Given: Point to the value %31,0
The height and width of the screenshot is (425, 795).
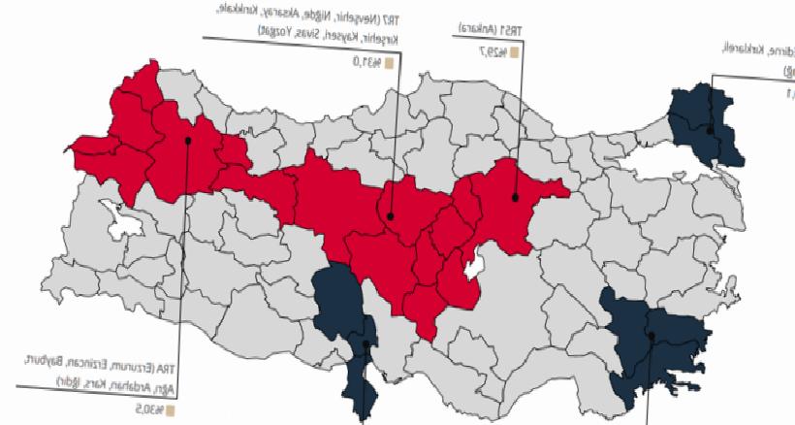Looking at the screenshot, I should [x=366, y=62].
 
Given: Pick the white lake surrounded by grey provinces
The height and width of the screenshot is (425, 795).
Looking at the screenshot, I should [x=125, y=226].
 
